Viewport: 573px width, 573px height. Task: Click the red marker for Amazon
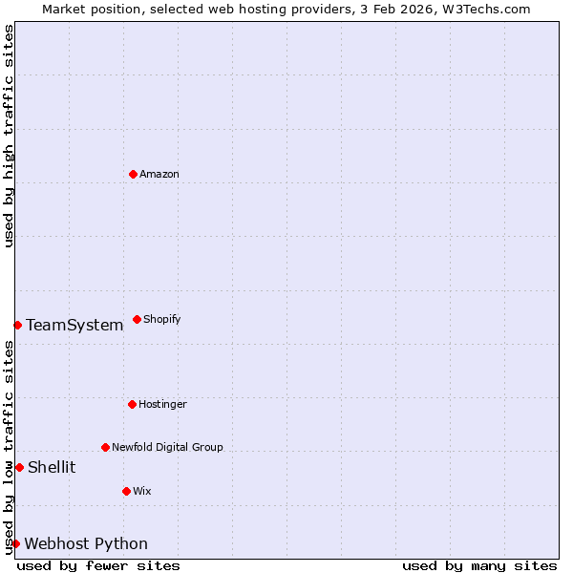[x=133, y=174]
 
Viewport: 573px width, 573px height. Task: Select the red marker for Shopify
[x=137, y=319]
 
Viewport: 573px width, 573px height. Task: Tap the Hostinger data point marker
[x=132, y=404]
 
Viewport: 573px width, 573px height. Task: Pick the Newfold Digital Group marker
[x=105, y=447]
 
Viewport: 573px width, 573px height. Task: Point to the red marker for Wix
[x=126, y=491]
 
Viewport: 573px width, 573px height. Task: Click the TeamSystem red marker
[x=17, y=325]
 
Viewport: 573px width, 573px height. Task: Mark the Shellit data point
[x=19, y=467]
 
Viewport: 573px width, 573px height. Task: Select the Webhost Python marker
[x=15, y=543]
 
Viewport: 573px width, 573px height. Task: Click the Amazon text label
[x=159, y=174]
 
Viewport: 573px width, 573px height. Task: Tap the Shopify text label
[x=162, y=319]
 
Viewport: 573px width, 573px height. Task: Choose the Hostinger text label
[x=162, y=404]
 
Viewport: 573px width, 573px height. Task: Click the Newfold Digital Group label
[x=167, y=447]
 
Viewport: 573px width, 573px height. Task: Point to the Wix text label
[x=142, y=491]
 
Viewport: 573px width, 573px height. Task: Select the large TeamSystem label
[x=74, y=325]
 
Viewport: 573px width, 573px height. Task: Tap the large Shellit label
[x=52, y=467]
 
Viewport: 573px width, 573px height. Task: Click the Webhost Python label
[x=86, y=543]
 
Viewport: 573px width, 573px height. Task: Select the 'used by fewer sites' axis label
[x=98, y=565]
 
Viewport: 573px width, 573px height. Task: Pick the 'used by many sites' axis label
[x=479, y=565]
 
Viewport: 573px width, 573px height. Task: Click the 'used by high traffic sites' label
[x=9, y=136]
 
